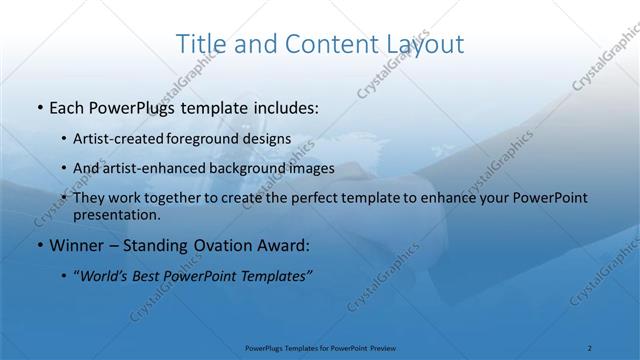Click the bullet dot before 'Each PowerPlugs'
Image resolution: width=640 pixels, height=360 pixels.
coord(38,107)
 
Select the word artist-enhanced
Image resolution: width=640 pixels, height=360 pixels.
coord(157,168)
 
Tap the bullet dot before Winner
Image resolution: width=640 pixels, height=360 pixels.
coord(38,245)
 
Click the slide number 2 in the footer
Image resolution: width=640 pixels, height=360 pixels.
coord(590,348)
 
